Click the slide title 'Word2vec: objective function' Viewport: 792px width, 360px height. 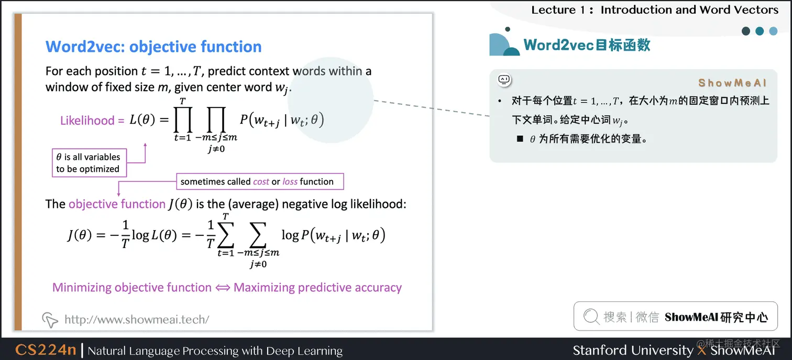[x=153, y=47]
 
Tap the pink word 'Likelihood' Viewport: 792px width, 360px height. [x=87, y=121]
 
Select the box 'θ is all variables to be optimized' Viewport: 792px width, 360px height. [x=88, y=163]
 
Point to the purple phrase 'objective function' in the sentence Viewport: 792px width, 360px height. [x=117, y=204]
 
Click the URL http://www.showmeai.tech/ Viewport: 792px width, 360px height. [x=137, y=319]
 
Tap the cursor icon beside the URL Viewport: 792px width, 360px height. [x=50, y=319]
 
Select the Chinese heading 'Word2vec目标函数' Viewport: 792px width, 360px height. [x=587, y=45]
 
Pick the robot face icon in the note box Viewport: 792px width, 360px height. [x=504, y=80]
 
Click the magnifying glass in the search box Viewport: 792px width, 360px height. [x=591, y=317]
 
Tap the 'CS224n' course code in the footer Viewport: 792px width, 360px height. [x=46, y=350]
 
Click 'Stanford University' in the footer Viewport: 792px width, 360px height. [x=633, y=350]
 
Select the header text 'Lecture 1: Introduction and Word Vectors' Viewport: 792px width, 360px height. [x=655, y=9]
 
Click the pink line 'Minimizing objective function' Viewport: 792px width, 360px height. [x=132, y=287]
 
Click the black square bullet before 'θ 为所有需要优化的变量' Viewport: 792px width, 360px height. [x=520, y=139]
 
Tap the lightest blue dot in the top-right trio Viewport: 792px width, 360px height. [x=773, y=31]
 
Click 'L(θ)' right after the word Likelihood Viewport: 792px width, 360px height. [x=142, y=120]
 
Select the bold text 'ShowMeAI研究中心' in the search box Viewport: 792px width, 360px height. [x=716, y=317]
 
